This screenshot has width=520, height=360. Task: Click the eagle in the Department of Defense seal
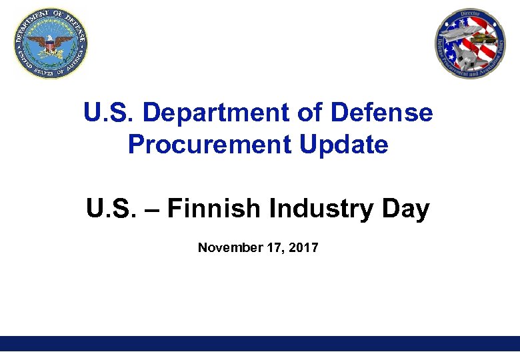[x=51, y=45]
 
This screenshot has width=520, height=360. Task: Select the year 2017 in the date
[x=305, y=248]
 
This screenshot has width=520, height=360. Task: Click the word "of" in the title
[x=309, y=113]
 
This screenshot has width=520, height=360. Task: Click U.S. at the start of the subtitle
[x=109, y=209]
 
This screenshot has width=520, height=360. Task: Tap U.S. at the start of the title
[x=107, y=113]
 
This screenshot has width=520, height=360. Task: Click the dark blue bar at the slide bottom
[x=260, y=343]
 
